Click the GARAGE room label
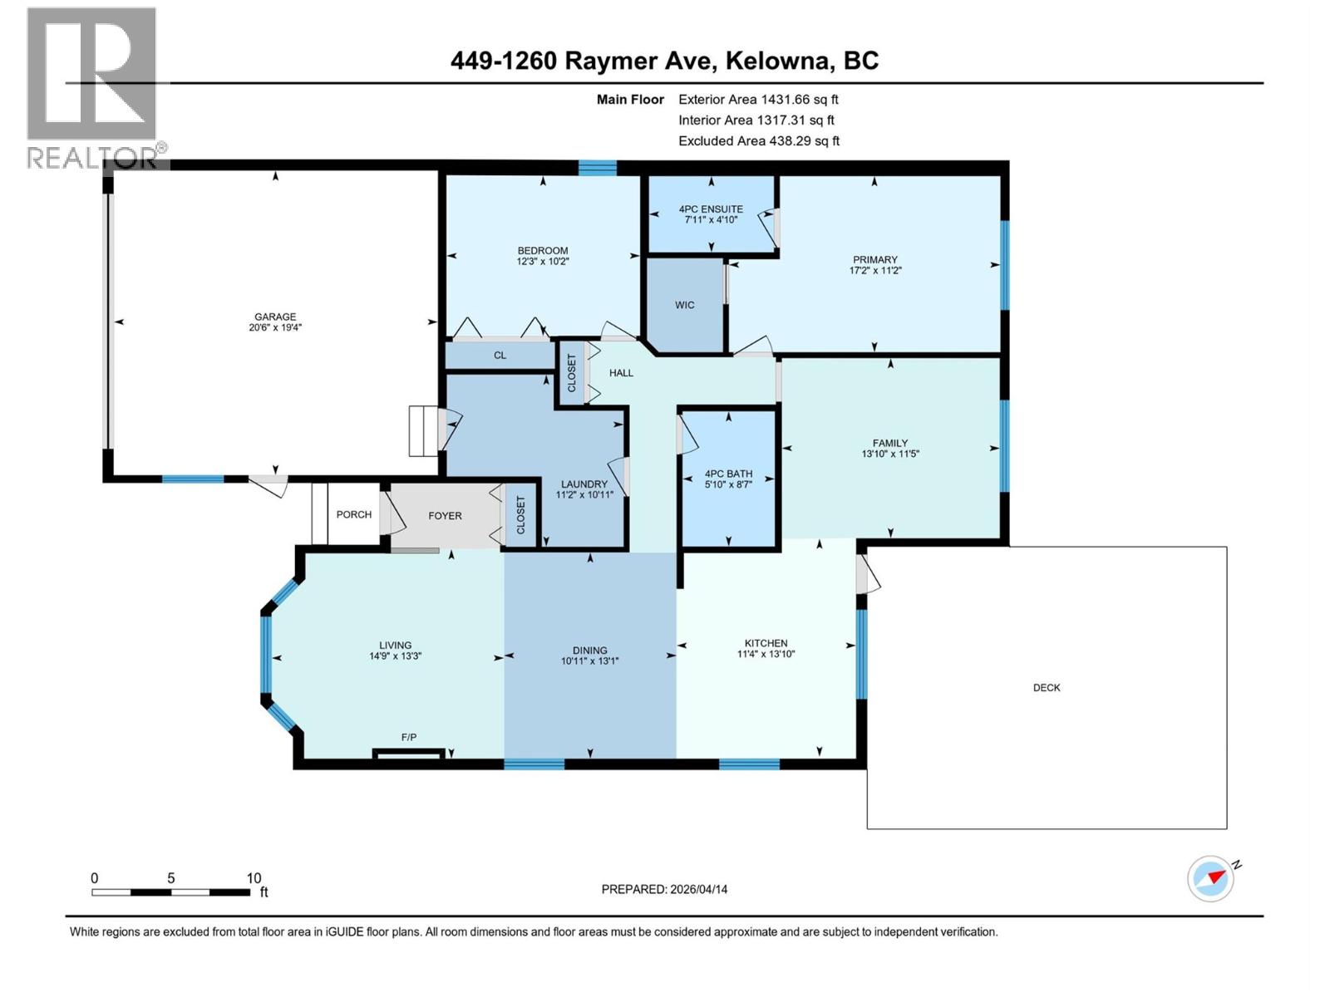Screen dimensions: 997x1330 pos(275,317)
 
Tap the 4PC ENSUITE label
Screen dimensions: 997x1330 pos(711,209)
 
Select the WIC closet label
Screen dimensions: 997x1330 pos(684,305)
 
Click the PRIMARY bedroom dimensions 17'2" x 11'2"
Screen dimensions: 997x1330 pos(875,270)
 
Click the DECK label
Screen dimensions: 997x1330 pos(1047,687)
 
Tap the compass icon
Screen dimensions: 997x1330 pos(1210,878)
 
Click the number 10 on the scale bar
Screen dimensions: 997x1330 pos(254,878)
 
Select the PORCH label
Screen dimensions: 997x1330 pos(353,514)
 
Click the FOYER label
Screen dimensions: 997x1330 pos(445,515)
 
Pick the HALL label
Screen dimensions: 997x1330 pos(621,373)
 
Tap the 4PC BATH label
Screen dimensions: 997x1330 pos(728,474)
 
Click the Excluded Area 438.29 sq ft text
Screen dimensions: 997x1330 pos(758,141)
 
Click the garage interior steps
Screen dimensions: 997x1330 pos(422,431)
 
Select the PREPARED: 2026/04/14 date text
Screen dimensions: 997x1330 pos(664,889)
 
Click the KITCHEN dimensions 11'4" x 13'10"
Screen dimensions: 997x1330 pos(766,654)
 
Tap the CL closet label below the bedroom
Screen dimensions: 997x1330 pos(500,356)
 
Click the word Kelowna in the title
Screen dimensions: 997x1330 pos(777,61)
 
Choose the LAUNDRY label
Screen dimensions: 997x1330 pos(584,484)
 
